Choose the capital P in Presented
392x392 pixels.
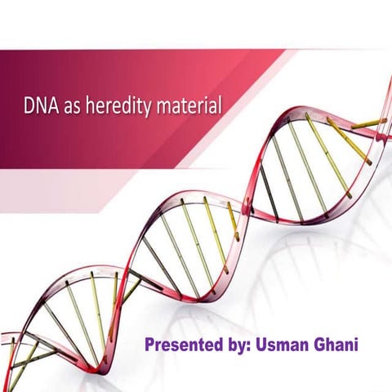pyautogui.click(x=149, y=344)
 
